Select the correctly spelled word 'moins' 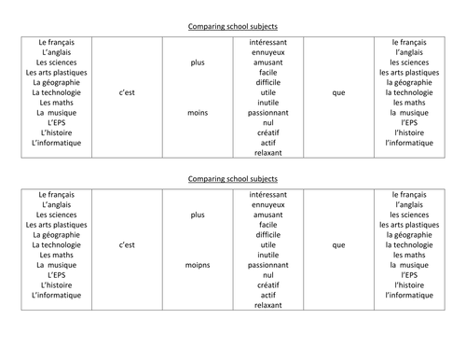tap(198, 112)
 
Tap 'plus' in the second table tap(198, 215)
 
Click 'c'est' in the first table tap(129, 92)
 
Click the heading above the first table tap(233, 28)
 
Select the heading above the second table tap(233, 178)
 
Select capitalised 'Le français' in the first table tap(58, 43)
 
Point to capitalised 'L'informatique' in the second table tap(58, 296)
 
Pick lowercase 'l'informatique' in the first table tap(411, 143)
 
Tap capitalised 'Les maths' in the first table tap(58, 103)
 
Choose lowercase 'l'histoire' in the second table tap(411, 285)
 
